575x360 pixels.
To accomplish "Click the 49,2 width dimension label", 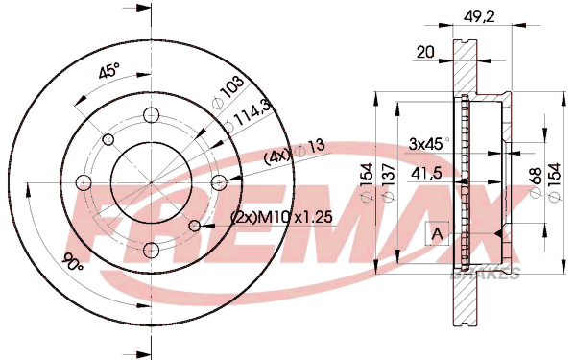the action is pyautogui.click(x=479, y=16).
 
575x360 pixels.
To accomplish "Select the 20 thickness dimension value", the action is pyautogui.click(x=425, y=52).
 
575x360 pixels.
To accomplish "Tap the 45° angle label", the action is pyautogui.click(x=109, y=70).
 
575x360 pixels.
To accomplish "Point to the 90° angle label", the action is pyautogui.click(x=74, y=262).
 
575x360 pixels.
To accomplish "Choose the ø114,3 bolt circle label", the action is pyautogui.click(x=247, y=115).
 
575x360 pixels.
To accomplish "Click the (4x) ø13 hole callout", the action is pyautogui.click(x=295, y=152).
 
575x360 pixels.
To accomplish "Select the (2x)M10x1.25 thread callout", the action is pyautogui.click(x=281, y=217).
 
